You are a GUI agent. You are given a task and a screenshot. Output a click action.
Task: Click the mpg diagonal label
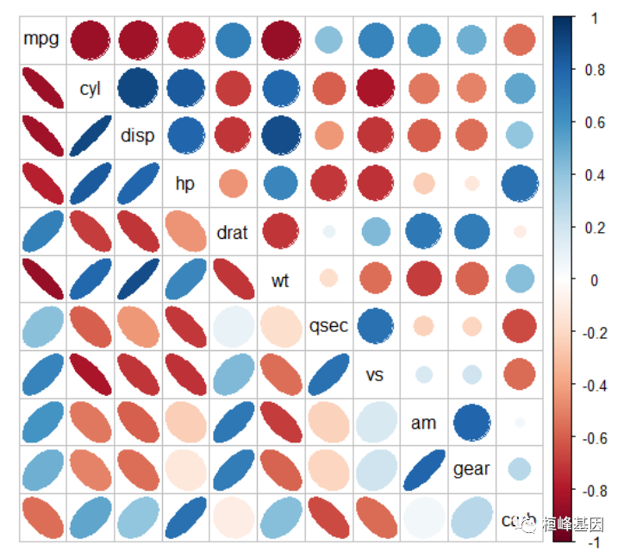(x=41, y=40)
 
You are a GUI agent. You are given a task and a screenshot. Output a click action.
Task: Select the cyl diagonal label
(x=90, y=88)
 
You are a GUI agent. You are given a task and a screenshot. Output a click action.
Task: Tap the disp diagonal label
(x=138, y=135)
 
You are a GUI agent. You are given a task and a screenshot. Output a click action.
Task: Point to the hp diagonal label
(x=184, y=184)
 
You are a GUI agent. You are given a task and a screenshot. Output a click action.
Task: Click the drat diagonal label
(x=232, y=232)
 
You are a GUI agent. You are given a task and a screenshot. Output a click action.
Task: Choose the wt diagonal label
(x=280, y=279)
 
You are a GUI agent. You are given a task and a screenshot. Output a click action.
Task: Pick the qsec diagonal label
(x=328, y=326)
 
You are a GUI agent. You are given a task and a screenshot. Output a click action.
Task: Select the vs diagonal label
(x=375, y=375)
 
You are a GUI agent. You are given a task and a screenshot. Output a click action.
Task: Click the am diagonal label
(x=423, y=423)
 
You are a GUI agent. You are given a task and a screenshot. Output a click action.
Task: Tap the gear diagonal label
(x=471, y=469)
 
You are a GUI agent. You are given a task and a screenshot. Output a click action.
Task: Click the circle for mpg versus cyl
(x=90, y=40)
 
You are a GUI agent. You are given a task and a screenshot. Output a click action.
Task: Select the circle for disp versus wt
(x=280, y=135)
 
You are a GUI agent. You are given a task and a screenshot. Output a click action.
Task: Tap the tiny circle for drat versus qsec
(x=328, y=231)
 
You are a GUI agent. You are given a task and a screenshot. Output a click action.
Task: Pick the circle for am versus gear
(x=471, y=423)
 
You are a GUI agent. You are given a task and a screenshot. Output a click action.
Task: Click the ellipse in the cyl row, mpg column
(x=41, y=88)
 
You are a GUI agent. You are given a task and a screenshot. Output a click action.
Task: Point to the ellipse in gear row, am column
(x=423, y=469)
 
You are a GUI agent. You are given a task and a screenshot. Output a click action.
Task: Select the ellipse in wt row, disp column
(x=138, y=279)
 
